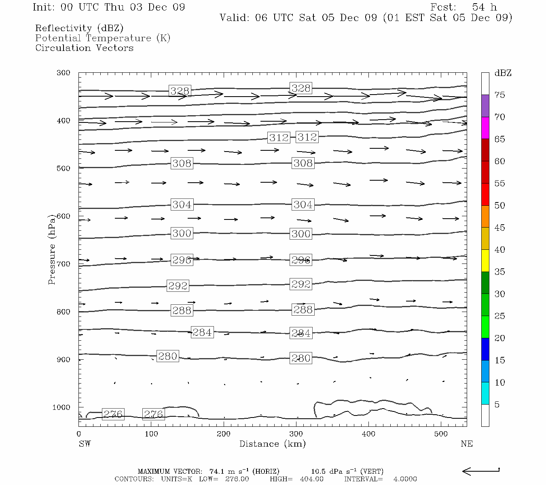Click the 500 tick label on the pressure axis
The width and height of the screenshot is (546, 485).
(63, 169)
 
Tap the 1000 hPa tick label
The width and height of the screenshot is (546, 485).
(61, 407)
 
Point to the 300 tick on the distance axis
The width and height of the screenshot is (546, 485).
(296, 434)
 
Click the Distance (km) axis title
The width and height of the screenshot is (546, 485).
(272, 444)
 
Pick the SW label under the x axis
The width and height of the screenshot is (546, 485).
(85, 444)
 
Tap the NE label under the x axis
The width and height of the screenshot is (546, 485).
(466, 444)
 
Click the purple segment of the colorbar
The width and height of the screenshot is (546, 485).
(485, 106)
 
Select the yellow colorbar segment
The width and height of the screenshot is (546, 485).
(485, 261)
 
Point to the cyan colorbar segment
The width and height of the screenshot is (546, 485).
(485, 393)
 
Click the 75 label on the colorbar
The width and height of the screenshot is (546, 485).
(499, 95)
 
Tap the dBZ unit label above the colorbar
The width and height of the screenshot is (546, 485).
(503, 73)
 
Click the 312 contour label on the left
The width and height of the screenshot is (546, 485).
(279, 138)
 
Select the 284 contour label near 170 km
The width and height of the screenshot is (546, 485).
(202, 332)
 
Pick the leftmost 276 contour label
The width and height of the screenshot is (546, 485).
(113, 414)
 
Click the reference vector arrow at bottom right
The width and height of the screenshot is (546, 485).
(481, 471)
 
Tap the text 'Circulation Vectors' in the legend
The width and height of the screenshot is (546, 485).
(84, 48)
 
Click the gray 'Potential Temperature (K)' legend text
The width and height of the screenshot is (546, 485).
(103, 38)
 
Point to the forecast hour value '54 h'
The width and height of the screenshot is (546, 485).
(484, 7)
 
